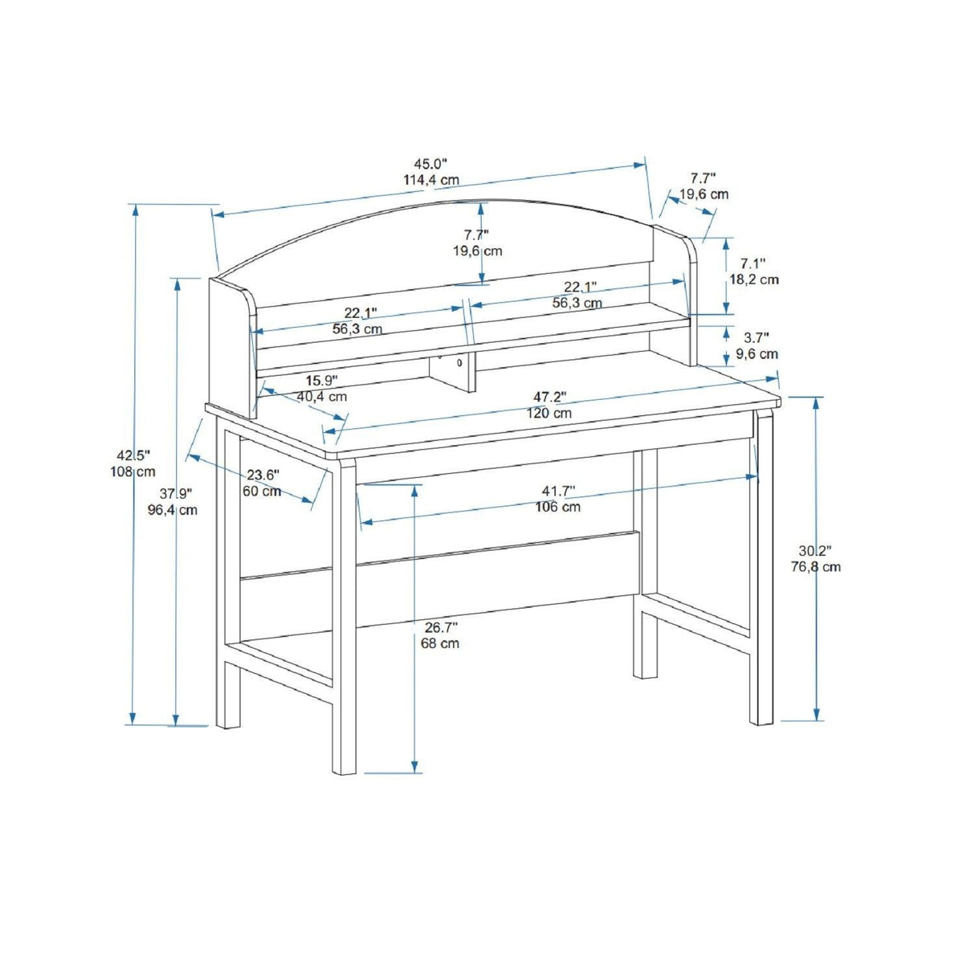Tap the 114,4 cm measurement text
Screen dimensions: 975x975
(431, 180)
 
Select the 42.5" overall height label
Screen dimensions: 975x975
(133, 455)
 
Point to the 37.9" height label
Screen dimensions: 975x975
(176, 493)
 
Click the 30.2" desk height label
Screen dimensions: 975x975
(815, 550)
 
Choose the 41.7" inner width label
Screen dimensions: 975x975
(559, 490)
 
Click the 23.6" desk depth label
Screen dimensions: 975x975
(263, 475)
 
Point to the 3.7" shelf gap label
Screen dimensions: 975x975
(757, 337)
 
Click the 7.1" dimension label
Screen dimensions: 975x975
(753, 263)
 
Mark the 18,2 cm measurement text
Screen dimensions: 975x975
(754, 279)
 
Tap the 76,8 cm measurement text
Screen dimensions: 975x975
(816, 567)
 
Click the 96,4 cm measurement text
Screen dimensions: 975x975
(173, 510)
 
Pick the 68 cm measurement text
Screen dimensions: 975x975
(440, 643)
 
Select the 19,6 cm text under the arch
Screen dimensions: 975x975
(477, 251)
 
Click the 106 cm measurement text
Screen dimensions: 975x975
(558, 507)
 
